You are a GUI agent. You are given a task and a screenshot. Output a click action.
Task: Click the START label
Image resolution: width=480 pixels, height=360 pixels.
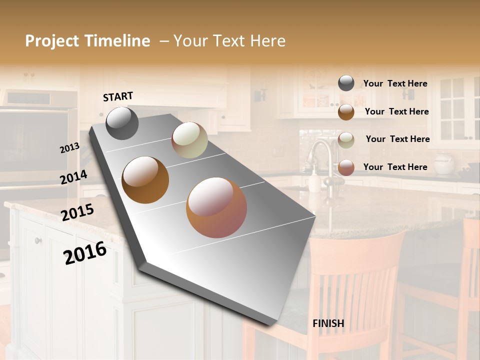(x=118, y=96)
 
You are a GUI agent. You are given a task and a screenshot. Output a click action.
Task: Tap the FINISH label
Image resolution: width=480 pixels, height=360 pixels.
(x=328, y=323)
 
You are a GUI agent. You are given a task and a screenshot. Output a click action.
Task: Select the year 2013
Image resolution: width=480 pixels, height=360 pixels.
(x=69, y=148)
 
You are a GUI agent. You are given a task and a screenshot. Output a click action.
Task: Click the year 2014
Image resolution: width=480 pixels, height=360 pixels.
(x=73, y=177)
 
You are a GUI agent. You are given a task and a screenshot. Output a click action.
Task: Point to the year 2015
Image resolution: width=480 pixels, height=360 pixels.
(x=77, y=212)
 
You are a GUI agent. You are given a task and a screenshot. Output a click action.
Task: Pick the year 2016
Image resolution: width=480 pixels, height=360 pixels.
(x=85, y=252)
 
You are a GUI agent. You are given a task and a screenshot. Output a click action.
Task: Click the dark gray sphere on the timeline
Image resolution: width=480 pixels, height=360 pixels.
(x=122, y=123)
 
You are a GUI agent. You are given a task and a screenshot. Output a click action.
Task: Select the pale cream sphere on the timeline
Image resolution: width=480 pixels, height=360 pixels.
(x=189, y=140)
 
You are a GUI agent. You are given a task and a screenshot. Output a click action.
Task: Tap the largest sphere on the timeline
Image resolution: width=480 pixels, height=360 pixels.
(x=216, y=207)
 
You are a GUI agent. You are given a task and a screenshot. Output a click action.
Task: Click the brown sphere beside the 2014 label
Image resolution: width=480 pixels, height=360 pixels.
(x=145, y=180)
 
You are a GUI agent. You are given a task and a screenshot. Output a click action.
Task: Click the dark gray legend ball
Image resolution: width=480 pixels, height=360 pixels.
(x=346, y=83)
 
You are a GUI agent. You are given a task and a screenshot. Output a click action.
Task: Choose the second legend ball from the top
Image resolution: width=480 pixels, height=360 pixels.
(x=346, y=111)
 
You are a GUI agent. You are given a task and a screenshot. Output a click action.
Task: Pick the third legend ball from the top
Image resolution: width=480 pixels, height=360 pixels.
(x=346, y=140)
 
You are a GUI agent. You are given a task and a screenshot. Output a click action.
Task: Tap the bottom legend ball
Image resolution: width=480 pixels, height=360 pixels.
(x=346, y=167)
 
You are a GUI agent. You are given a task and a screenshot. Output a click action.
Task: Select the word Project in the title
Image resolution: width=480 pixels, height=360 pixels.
(x=52, y=41)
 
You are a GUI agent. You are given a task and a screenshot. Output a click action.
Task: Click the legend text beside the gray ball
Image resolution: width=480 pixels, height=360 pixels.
(x=395, y=83)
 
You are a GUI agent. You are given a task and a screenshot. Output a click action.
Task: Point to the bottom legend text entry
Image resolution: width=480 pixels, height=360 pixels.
(x=395, y=167)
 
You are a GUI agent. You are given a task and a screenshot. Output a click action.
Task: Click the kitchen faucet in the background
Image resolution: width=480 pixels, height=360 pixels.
(x=322, y=155)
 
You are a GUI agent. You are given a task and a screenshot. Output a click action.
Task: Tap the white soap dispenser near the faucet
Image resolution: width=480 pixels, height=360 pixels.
(x=314, y=181)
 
